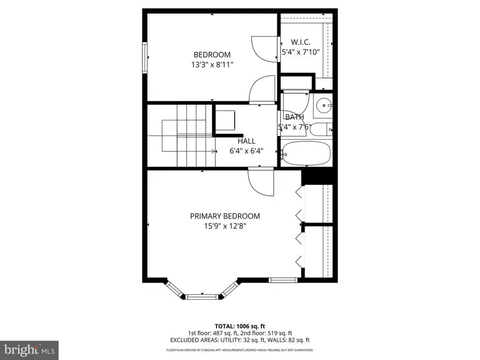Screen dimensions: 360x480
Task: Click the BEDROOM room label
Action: pos(212,54)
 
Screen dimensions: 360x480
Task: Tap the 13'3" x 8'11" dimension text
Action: pos(212,65)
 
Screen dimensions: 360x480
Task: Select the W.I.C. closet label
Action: pos(300,42)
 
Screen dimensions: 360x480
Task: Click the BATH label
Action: pos(294,117)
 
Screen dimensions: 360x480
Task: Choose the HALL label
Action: pos(246,141)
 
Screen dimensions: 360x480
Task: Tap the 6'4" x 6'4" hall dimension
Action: pos(246,151)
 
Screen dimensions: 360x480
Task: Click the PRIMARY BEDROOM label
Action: pos(225,216)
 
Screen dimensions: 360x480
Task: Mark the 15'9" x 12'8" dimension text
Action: pos(225,226)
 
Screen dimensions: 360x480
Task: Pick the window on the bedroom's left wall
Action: pos(145,58)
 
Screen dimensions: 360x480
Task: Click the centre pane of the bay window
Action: pos(202,294)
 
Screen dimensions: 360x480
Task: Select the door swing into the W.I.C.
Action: pos(264,49)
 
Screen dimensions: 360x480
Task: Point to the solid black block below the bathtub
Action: pos(317,176)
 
